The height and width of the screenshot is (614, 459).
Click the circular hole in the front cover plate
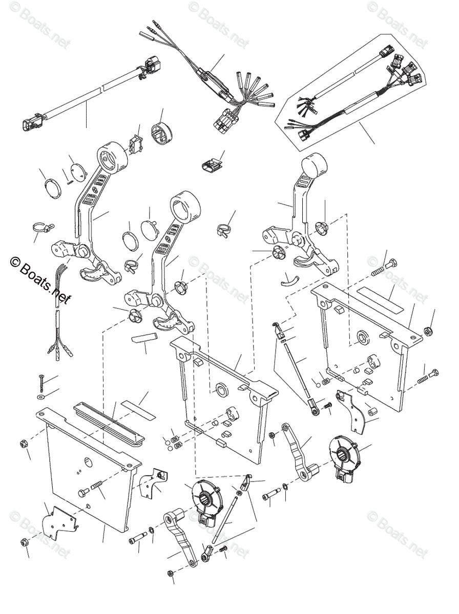(87, 464)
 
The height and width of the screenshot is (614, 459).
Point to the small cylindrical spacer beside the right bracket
(369, 410)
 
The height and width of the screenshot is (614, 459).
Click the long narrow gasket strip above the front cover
(109, 422)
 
